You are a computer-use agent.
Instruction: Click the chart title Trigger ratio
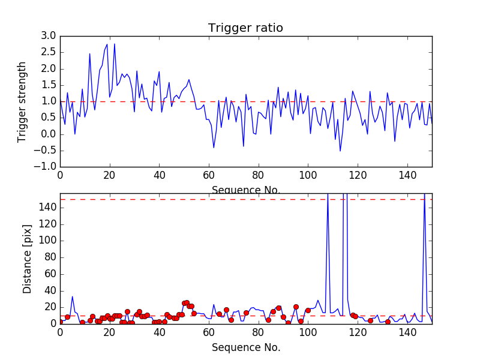pyautogui.click(x=245, y=28)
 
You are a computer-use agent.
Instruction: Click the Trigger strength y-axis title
pyautogui.click(x=22, y=101)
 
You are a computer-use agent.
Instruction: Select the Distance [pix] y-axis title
pyautogui.click(x=28, y=259)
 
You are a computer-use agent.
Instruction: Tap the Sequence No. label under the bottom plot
pyautogui.click(x=246, y=347)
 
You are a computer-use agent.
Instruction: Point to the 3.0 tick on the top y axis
pyautogui.click(x=49, y=36)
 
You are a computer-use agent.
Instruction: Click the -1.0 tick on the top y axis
pyautogui.click(x=47, y=166)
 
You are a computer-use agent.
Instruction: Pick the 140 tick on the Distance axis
pyautogui.click(x=47, y=208)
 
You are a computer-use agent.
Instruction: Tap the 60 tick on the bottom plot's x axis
pyautogui.click(x=209, y=332)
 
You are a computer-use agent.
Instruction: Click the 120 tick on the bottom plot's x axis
pyautogui.click(x=358, y=332)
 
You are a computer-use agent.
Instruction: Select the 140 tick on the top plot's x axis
pyautogui.click(x=407, y=175)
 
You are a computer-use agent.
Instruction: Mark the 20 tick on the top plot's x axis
pyautogui.click(x=110, y=175)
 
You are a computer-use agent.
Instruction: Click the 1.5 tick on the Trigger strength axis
pyautogui.click(x=49, y=85)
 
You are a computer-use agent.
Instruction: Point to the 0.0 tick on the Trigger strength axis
pyautogui.click(x=49, y=134)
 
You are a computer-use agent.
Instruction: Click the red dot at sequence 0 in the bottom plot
pyautogui.click(x=60, y=322)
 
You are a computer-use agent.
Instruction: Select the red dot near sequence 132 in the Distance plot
pyautogui.click(x=388, y=322)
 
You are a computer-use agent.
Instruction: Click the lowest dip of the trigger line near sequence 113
pyautogui.click(x=340, y=151)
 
